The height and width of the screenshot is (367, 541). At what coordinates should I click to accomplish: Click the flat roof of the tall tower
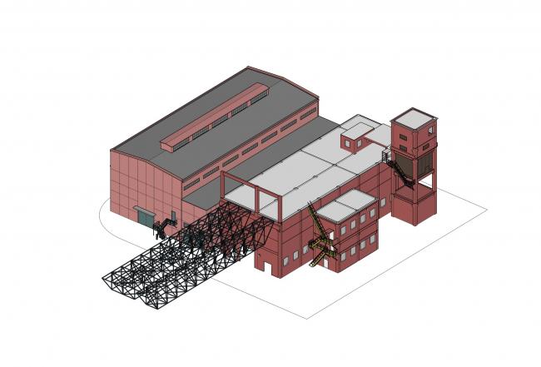coord(414,115)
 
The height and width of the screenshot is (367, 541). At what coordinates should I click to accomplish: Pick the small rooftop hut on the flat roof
coord(356,135)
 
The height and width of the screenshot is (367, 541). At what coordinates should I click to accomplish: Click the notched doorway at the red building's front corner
coord(267,265)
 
